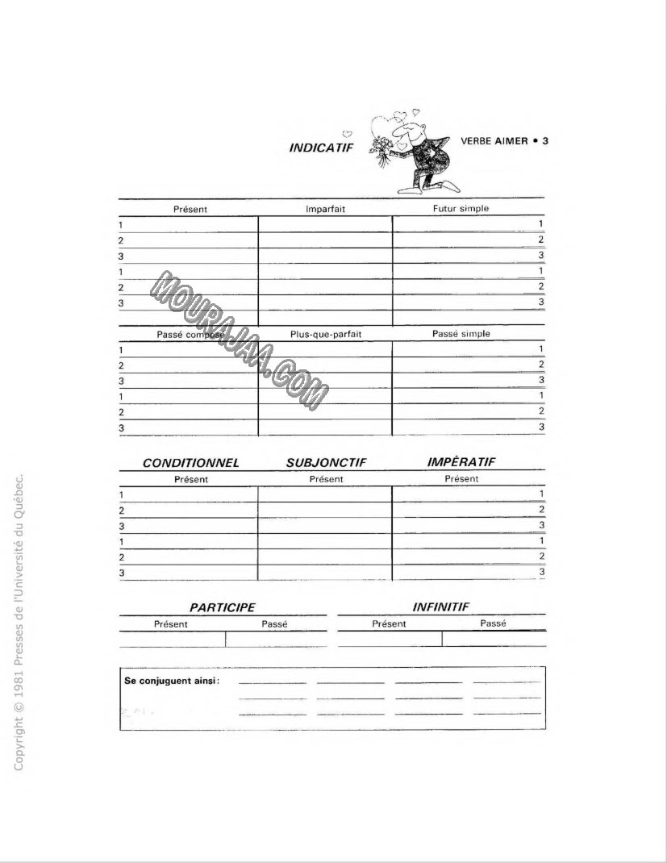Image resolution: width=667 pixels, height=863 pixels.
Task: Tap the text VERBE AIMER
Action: (x=494, y=140)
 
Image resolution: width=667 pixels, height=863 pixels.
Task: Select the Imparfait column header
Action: (x=325, y=209)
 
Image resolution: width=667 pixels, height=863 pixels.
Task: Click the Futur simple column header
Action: (x=461, y=208)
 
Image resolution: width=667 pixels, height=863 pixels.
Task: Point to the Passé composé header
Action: (x=190, y=334)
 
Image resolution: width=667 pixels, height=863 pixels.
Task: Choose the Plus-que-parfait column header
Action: (x=325, y=334)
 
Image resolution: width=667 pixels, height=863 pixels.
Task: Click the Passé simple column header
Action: (x=461, y=333)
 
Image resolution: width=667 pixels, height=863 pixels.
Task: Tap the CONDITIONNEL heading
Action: (x=190, y=464)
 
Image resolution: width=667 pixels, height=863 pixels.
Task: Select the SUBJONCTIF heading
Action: (x=326, y=464)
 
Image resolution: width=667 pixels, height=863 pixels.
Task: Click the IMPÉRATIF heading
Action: (x=461, y=462)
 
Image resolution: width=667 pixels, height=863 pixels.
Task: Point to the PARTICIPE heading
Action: (x=222, y=607)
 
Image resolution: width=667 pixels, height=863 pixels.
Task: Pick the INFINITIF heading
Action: (x=441, y=607)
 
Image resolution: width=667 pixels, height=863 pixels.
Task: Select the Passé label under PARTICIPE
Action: (x=274, y=623)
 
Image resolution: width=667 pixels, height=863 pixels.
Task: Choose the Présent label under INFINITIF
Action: (x=389, y=623)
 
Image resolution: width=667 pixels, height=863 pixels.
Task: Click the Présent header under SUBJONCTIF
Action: (x=326, y=479)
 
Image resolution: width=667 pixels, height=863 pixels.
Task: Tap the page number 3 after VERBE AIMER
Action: (x=545, y=140)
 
